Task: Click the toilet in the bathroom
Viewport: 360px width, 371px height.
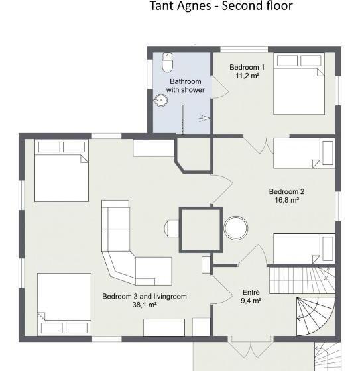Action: point(168,62)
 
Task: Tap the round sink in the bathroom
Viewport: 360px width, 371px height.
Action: point(161,100)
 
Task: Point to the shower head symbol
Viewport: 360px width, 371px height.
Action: point(205,118)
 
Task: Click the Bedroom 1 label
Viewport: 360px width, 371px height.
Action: point(247,67)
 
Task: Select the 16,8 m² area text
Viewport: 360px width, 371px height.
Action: point(286,200)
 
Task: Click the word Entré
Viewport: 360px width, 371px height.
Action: point(251,292)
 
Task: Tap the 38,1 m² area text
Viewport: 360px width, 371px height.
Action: point(145,305)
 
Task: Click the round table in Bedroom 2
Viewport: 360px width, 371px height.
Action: point(236,228)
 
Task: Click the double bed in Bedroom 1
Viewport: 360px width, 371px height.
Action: point(299,83)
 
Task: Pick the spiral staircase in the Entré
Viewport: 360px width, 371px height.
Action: point(316,316)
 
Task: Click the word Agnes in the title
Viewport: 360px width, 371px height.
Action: point(194,6)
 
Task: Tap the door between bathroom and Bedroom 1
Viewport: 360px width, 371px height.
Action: point(219,87)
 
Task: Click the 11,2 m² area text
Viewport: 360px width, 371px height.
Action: point(247,76)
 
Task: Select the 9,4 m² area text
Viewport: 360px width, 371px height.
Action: point(251,301)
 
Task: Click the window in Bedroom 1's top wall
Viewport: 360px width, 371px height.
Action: point(244,50)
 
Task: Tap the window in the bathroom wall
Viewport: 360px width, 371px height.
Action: point(150,74)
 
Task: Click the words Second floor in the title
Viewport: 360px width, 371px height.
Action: point(257,6)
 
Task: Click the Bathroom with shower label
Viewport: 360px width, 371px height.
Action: point(186,85)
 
